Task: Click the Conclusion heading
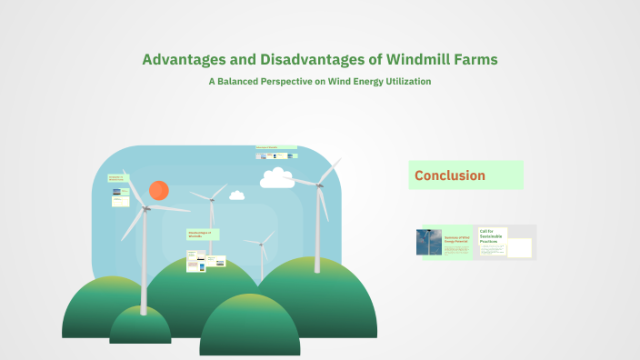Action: [x=450, y=175]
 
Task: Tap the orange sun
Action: [x=159, y=190]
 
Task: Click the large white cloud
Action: [x=277, y=178]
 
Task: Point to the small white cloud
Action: [x=237, y=195]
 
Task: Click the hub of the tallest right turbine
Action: [x=319, y=185]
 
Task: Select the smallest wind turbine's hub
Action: [x=262, y=243]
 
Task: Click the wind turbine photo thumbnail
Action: [x=429, y=242]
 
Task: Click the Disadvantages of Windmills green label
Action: [x=202, y=234]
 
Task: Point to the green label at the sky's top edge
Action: [x=275, y=146]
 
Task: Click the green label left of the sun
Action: [x=119, y=177]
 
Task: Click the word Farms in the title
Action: [x=475, y=59]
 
